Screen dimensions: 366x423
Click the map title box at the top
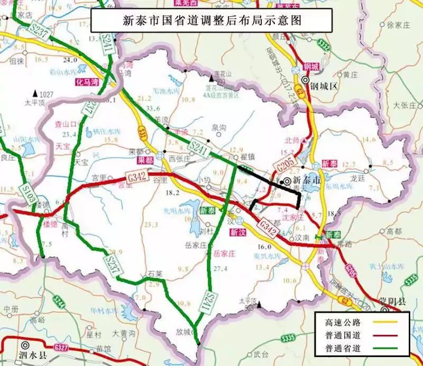click(212, 21)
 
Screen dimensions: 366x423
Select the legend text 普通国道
click(342, 334)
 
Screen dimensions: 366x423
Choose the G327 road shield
click(59, 347)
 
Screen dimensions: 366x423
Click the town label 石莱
click(155, 274)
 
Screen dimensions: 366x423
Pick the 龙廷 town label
click(358, 179)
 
